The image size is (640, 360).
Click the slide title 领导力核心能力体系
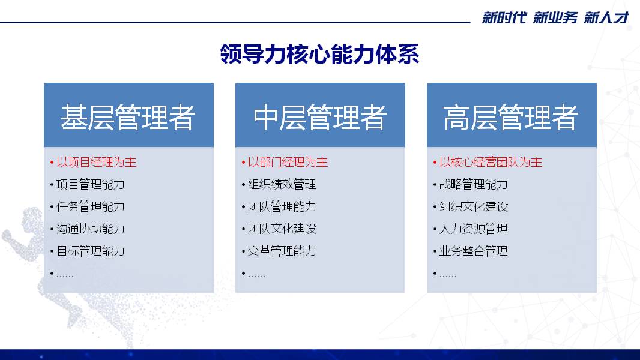tap(319, 54)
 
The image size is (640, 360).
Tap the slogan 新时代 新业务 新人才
tap(555, 18)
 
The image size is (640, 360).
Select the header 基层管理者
tap(128, 117)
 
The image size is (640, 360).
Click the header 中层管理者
tap(319, 117)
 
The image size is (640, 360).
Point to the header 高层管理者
tap(511, 117)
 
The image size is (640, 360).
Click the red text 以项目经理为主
tap(96, 162)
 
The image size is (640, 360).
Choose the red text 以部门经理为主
tap(288, 162)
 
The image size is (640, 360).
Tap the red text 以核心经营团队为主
tap(491, 162)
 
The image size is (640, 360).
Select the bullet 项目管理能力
tap(90, 184)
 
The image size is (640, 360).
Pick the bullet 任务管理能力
tap(90, 207)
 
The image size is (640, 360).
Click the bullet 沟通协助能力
tap(90, 229)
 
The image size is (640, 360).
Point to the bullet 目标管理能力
tap(90, 251)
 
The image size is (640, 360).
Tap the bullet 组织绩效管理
tap(282, 184)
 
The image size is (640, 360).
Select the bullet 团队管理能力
tap(282, 207)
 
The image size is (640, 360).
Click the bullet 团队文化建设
tap(282, 229)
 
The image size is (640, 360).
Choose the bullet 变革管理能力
tap(282, 251)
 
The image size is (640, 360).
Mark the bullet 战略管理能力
tap(474, 184)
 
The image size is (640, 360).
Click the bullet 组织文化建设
tap(474, 207)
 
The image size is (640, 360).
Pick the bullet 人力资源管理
tap(474, 229)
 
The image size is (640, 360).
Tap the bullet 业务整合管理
tap(474, 251)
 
